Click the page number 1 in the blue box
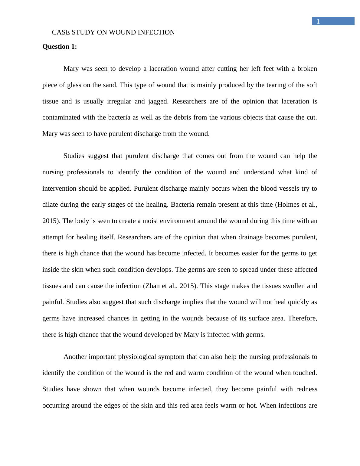(318, 21)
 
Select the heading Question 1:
(60, 47)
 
